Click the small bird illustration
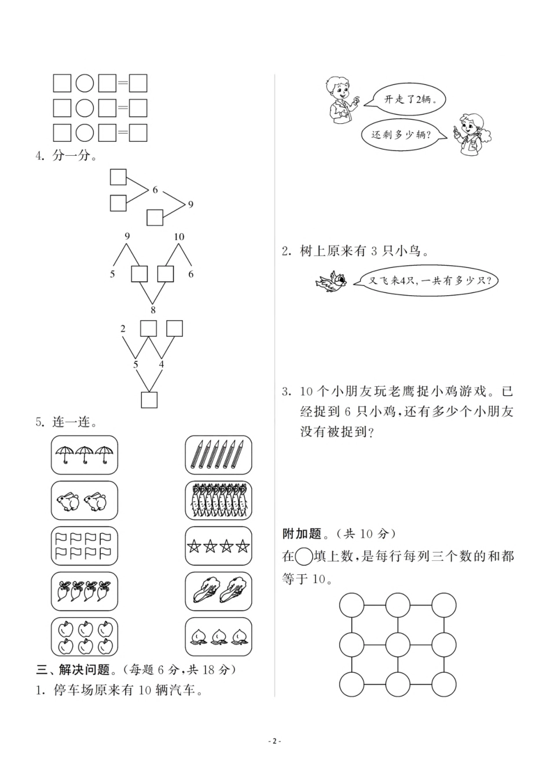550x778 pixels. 331,281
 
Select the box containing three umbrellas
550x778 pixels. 85,455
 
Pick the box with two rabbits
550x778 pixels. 85,500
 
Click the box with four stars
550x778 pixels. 218,545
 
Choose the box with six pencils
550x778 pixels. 218,455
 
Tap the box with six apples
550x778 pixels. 85,636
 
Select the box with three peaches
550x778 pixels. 218,636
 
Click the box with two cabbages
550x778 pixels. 218,591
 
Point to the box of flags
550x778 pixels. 85,545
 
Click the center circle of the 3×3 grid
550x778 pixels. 398,644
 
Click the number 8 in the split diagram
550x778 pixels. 153,310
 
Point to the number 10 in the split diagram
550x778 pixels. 179,236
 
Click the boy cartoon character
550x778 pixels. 339,99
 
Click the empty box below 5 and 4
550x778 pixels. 149,399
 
